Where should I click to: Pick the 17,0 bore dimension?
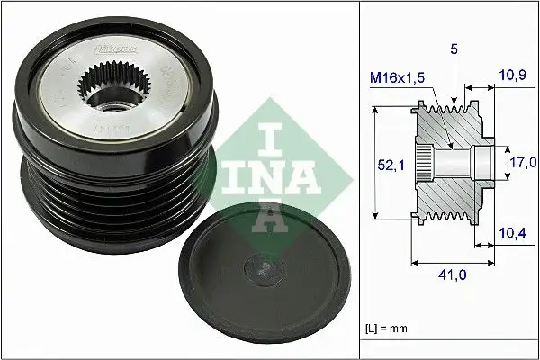tap(523, 162)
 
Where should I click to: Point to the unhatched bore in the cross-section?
tap(459, 162)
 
